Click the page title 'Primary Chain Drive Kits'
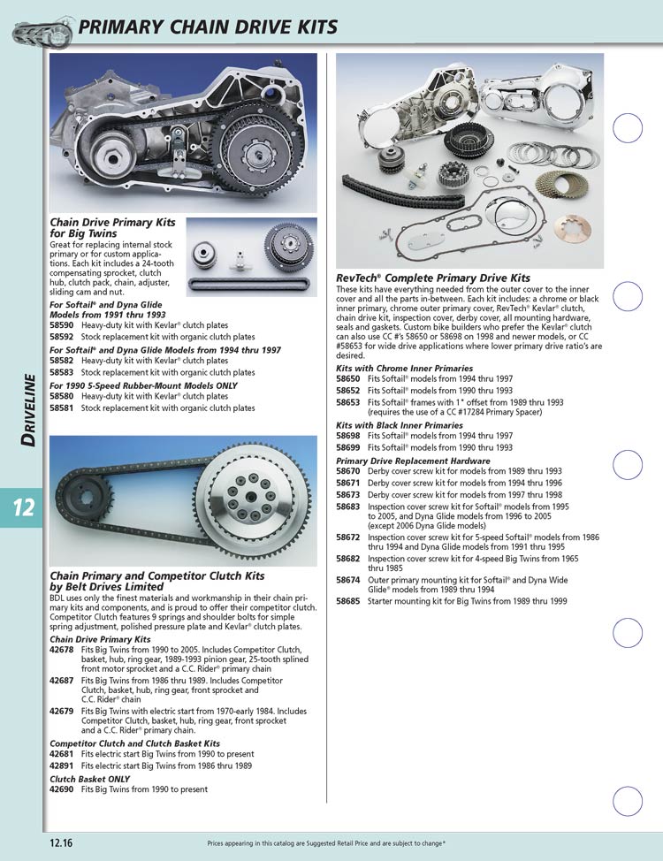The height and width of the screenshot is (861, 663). click(207, 27)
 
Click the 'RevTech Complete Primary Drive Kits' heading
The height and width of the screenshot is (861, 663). click(433, 278)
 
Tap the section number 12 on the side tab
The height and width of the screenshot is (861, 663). click(24, 507)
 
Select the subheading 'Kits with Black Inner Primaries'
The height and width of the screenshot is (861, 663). click(400, 425)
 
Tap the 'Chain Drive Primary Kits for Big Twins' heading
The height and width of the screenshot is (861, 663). click(112, 228)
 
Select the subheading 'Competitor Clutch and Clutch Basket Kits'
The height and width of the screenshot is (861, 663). click(135, 743)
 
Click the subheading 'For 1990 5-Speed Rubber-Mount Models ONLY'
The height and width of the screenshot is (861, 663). click(143, 385)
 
